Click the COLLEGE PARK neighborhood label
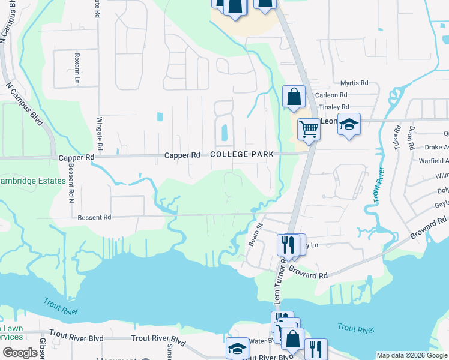click(242, 154)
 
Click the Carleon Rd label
click(336, 95)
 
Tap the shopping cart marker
click(309, 128)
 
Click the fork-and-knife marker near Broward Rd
click(288, 244)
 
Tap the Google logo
click(20, 352)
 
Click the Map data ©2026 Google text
click(411, 355)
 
